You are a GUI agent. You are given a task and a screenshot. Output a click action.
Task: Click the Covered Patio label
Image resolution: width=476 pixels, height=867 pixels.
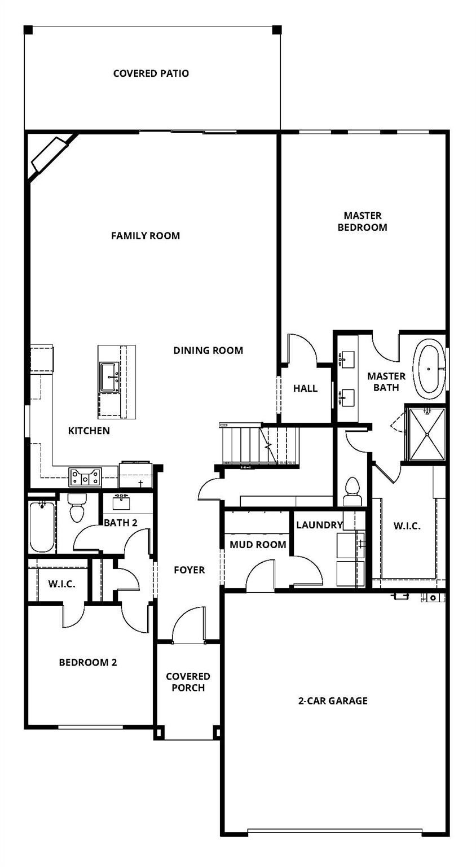[x=151, y=73]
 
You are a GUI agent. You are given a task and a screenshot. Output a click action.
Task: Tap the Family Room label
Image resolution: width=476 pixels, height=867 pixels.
[x=146, y=235]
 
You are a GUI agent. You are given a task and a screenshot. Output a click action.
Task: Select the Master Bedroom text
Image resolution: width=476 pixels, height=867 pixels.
[x=363, y=221]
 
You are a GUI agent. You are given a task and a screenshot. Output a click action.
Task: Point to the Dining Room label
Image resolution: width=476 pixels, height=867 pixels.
[x=208, y=350]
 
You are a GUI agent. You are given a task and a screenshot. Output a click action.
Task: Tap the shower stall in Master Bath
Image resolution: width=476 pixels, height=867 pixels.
[x=426, y=433]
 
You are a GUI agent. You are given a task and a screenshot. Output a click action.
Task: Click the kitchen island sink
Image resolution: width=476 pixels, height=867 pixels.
[x=108, y=376]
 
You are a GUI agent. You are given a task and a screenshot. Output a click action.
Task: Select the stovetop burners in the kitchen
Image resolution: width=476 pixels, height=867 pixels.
[x=85, y=477]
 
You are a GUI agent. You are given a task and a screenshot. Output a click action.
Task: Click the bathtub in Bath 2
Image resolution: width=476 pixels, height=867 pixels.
[x=42, y=526]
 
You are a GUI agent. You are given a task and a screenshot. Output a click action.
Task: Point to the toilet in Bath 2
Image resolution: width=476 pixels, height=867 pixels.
[x=76, y=508]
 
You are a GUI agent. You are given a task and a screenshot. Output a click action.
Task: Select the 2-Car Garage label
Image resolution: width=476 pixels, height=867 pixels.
[x=333, y=700]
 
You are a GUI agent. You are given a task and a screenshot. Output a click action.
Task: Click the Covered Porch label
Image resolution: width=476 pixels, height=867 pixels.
[x=188, y=682]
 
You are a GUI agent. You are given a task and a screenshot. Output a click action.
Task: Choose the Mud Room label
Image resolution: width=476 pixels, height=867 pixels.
[x=258, y=545]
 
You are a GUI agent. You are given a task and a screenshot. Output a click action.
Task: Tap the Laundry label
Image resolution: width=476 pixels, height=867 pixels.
[x=319, y=525]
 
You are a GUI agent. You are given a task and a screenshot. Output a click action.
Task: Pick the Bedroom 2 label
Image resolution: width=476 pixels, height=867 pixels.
[x=88, y=662]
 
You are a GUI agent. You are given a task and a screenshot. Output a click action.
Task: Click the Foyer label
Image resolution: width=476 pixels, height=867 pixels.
[x=189, y=570]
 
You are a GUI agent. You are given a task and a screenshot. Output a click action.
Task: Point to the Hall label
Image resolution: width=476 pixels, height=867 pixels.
[x=305, y=388]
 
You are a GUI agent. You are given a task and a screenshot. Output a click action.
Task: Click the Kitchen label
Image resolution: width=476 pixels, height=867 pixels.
[x=89, y=431]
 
